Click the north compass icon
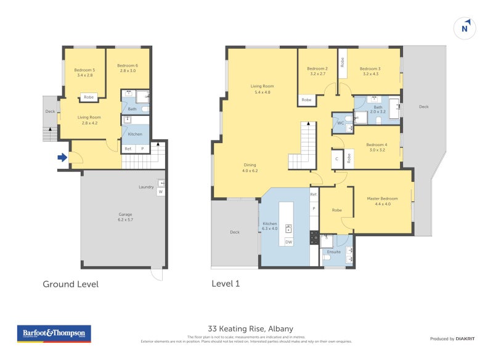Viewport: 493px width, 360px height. pos(465,28)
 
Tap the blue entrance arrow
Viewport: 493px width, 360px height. pos(62,158)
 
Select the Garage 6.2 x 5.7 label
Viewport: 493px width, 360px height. pos(126,217)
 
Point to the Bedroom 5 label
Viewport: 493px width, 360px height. pos(84,73)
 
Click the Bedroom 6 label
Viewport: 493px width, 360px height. pos(128,68)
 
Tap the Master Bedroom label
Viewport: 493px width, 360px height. pos(383,201)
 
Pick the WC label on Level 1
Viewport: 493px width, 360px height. pos(340,123)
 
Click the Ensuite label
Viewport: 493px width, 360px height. pos(334,252)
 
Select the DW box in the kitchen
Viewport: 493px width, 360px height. pos(288,242)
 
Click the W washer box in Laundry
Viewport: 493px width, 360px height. pos(161,192)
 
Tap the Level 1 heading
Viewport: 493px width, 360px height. pos(226,284)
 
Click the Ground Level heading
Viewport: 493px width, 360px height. pos(70,284)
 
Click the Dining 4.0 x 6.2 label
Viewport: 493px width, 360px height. pos(250,168)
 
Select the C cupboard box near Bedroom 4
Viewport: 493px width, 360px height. pos(336,158)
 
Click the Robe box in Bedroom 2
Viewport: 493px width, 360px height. pos(306,100)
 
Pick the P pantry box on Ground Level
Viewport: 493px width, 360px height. pos(142,149)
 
